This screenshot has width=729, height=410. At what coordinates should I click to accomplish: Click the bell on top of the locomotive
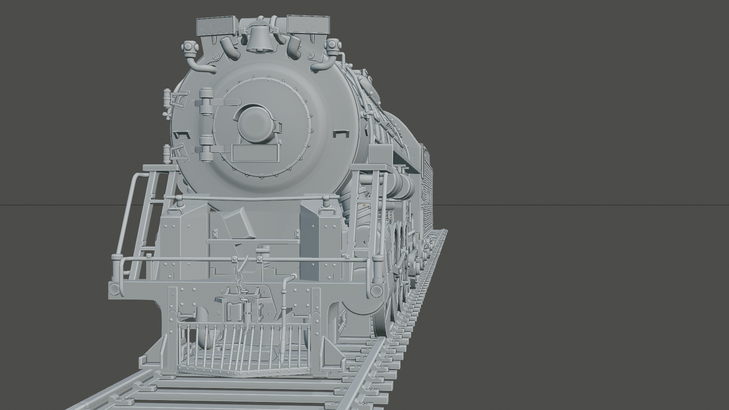259,39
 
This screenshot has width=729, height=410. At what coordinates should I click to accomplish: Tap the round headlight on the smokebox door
254,123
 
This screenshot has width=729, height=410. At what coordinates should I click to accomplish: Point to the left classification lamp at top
188,47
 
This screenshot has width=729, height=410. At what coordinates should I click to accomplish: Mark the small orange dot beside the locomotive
364,205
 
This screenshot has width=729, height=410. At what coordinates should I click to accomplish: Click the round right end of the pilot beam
376,291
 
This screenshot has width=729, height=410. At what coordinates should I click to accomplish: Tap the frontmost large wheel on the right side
395,273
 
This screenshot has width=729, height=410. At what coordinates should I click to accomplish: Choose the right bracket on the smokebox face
340,133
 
